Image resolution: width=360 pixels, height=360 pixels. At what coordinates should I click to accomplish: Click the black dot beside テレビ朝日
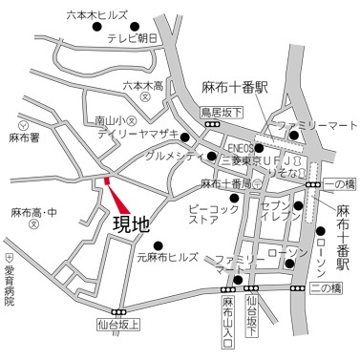point(134,27)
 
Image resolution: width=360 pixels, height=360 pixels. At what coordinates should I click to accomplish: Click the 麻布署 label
point(23,138)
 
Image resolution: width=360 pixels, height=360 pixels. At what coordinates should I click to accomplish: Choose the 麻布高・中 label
point(32,212)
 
